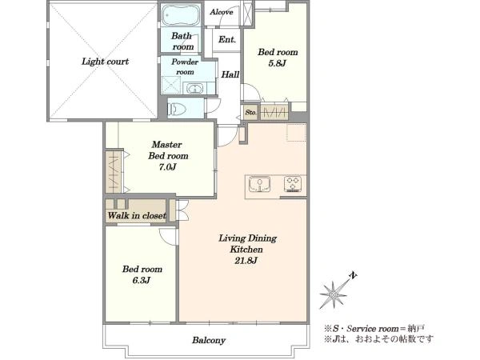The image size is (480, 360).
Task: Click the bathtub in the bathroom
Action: tap(180, 15)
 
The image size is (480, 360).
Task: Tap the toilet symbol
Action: tap(178, 109)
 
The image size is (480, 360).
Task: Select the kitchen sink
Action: tap(259, 184)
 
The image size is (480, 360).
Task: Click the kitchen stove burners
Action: tap(293, 184)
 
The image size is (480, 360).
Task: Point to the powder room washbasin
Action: tap(194, 89)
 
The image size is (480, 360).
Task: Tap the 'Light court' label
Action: tap(105, 62)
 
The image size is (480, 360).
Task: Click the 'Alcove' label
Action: tap(222, 12)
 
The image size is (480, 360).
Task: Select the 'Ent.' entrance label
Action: tap(227, 39)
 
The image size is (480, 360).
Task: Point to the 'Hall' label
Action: tap(230, 74)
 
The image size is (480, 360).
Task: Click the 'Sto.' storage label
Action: tap(250, 112)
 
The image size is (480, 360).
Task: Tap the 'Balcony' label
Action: tap(209, 341)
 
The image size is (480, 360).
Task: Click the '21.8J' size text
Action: tap(246, 261)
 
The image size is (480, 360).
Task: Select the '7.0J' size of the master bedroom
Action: tap(167, 167)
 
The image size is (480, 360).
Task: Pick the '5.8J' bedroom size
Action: tap(277, 64)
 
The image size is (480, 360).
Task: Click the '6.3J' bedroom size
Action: tap(142, 281)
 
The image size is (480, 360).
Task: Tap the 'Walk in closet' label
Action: tap(137, 215)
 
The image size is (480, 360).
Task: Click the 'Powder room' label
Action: tap(185, 66)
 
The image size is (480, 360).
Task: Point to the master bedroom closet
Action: tap(114, 172)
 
